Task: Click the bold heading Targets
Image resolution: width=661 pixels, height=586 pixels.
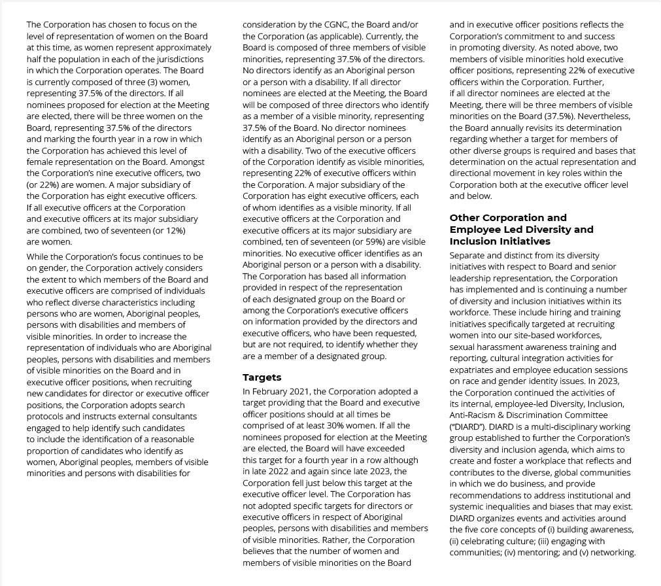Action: (262, 377)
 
